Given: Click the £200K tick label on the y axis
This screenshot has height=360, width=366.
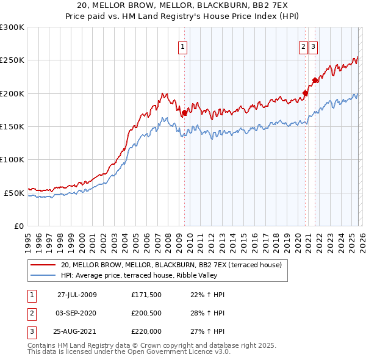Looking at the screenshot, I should coord(12,93).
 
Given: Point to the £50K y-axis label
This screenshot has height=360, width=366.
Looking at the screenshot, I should coord(13,193).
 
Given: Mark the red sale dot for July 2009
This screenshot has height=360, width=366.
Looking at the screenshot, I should coord(184,112).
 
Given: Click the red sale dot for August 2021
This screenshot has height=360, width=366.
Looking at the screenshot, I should coord(315,80).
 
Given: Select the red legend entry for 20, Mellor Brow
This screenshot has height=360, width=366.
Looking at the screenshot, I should coord(171,265).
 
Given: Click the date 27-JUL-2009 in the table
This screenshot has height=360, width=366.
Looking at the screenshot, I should coord(77,295).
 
